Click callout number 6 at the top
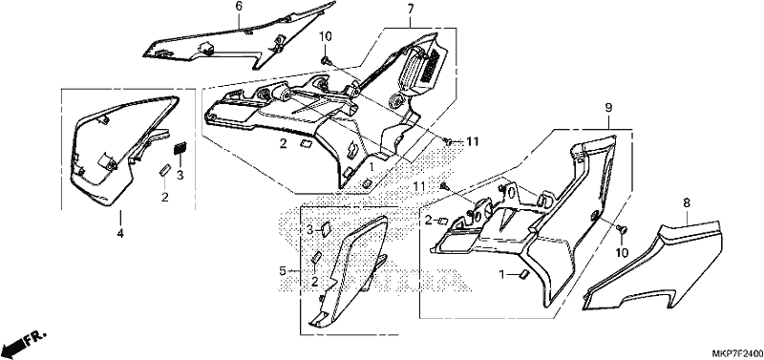click(238, 7)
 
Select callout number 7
click(411, 9)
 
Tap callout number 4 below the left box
click(120, 234)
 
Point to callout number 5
click(283, 270)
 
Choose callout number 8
click(686, 203)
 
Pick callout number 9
click(608, 108)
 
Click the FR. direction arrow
click(23, 343)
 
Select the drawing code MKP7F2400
click(737, 352)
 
